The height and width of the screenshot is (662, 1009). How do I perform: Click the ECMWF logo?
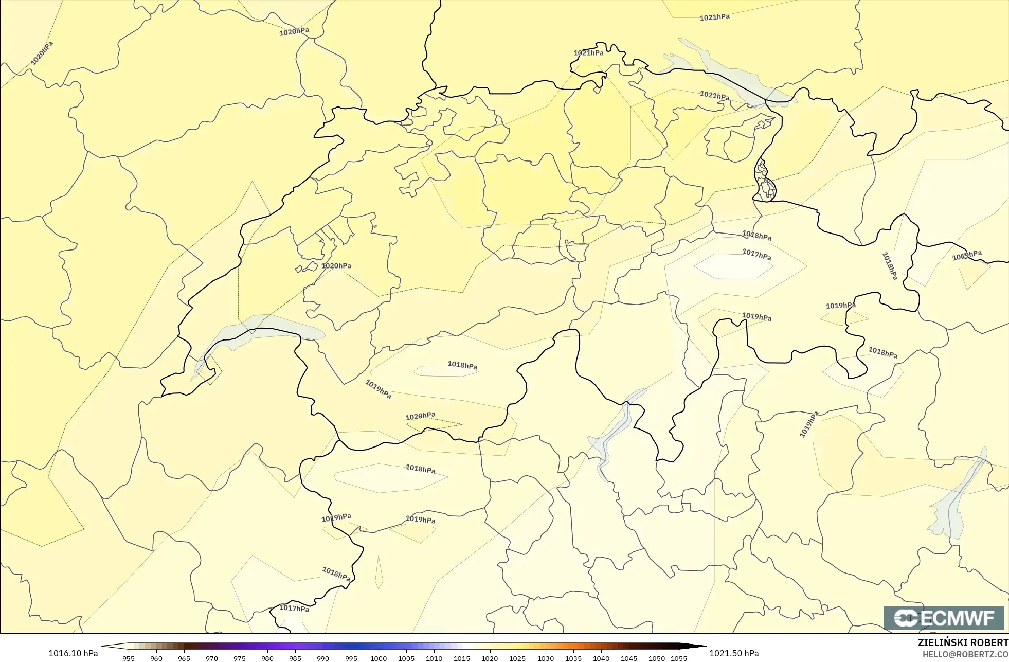coord(944,618)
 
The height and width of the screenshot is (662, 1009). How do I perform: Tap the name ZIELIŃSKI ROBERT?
coord(963,642)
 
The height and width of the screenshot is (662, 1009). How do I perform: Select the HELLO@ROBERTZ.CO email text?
coord(965,654)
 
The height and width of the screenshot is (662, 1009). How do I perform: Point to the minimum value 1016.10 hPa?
coord(73,653)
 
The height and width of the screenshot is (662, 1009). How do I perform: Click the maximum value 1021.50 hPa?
coord(734,653)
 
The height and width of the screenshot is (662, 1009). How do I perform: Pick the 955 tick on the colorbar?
coord(129,658)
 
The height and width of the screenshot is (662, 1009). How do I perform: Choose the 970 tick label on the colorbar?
coord(212,658)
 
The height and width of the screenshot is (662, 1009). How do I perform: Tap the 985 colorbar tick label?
coord(295,658)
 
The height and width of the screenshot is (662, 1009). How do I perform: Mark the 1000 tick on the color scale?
coord(379,658)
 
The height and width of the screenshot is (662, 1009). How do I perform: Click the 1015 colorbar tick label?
coord(462,658)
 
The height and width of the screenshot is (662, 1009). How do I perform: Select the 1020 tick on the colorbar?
coord(490,658)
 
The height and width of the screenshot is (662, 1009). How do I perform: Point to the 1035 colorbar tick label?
coord(573,658)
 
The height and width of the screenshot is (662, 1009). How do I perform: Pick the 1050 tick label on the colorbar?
coord(657,658)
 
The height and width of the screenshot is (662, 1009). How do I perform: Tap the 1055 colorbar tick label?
coord(679,658)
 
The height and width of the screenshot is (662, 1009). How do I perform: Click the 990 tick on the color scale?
coord(323,658)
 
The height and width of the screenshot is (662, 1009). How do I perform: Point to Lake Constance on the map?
coord(720,69)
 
